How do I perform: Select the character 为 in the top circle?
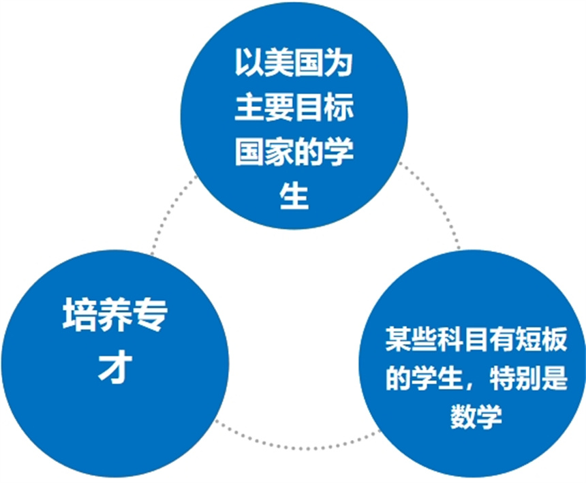click(x=338, y=63)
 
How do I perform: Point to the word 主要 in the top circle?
click(x=264, y=108)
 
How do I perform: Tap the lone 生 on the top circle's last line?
click(x=294, y=195)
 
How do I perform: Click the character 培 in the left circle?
click(x=77, y=315)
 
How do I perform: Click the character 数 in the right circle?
click(x=463, y=416)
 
